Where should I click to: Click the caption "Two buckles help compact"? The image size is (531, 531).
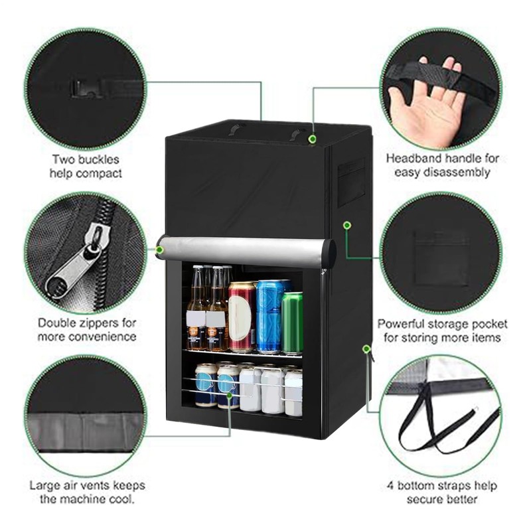86,166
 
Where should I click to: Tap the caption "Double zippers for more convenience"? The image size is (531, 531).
86,330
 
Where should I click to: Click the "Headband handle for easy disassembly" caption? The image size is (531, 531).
442,165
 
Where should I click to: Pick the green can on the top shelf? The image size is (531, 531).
292,322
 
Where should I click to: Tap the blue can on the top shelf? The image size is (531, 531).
269,315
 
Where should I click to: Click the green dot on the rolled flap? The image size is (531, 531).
160,250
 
